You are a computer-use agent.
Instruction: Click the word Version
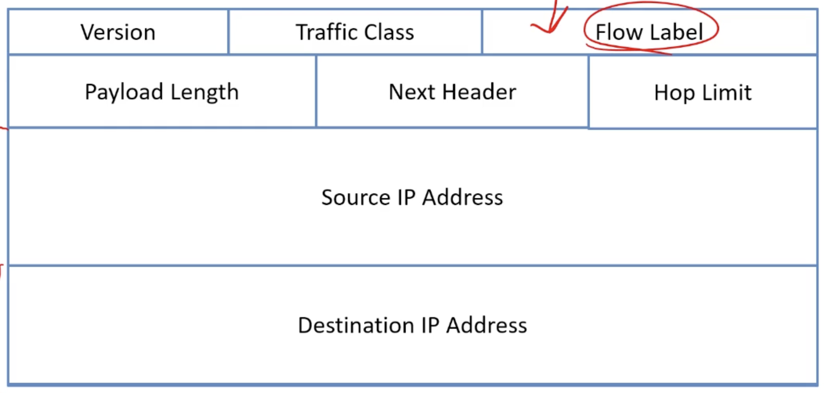(x=118, y=32)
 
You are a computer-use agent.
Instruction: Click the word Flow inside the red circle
(x=619, y=32)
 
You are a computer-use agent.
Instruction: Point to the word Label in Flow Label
(x=676, y=32)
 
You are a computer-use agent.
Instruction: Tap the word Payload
(x=124, y=92)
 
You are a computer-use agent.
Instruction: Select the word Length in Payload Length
(x=205, y=92)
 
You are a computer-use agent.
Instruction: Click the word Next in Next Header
(x=412, y=92)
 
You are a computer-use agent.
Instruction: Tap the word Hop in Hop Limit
(x=674, y=93)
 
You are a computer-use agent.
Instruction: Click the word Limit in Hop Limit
(x=727, y=93)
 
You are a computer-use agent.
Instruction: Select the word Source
(x=356, y=197)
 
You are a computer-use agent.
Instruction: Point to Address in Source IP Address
(x=463, y=197)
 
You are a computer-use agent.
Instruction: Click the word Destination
(x=356, y=325)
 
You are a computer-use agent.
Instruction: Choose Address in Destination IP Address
(x=486, y=325)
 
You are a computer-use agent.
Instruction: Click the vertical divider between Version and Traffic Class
(x=228, y=32)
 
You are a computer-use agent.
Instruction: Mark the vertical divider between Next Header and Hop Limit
(x=589, y=92)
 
